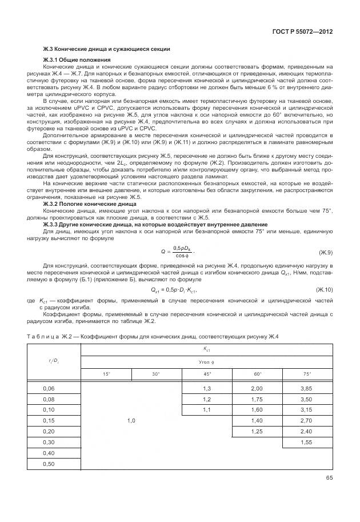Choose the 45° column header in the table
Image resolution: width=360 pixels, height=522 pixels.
207,374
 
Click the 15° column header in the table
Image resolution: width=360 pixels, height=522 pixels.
106,374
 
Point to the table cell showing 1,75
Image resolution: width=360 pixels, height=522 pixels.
257,399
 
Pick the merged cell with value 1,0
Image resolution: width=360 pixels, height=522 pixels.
131,420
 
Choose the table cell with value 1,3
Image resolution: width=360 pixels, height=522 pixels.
207,388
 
